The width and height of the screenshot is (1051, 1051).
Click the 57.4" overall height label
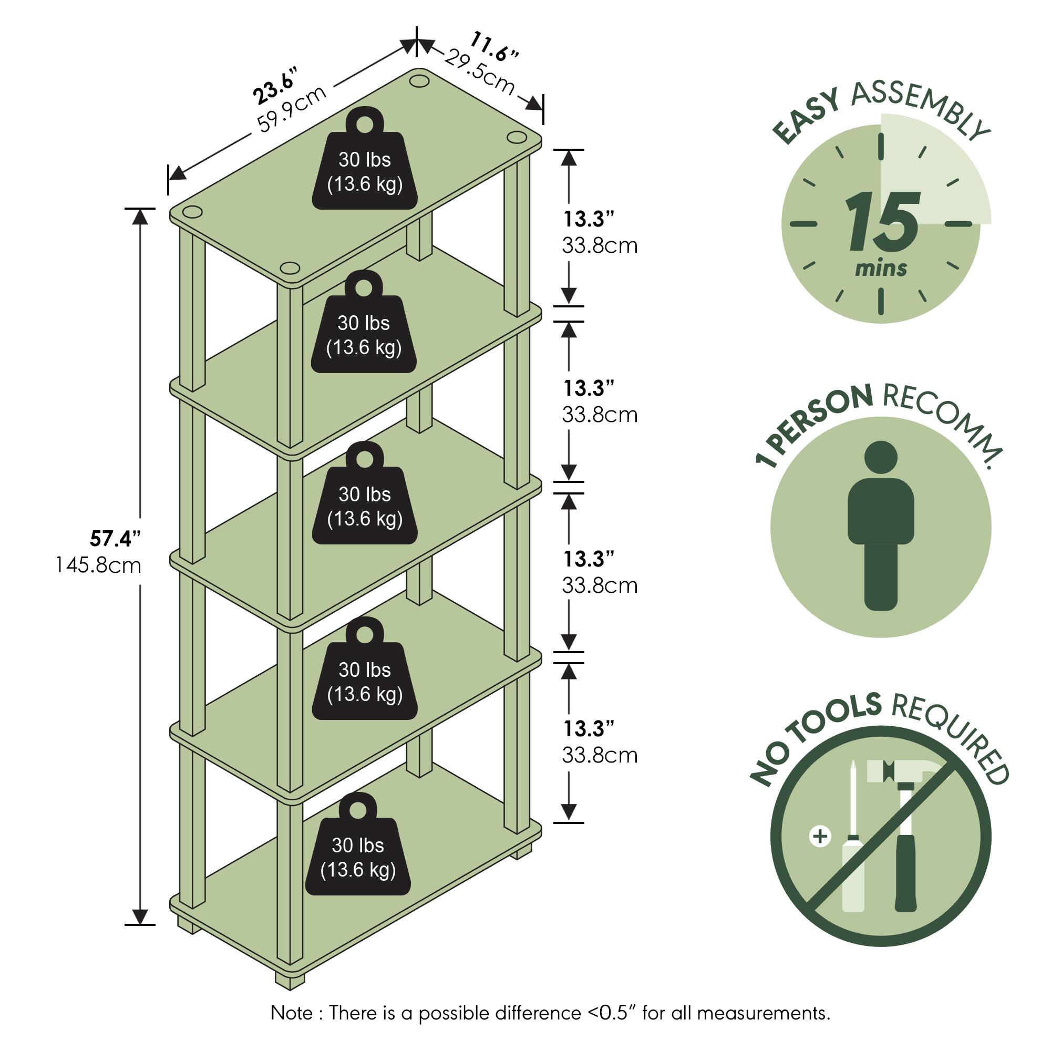(115, 539)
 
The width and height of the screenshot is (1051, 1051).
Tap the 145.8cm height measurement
(98, 565)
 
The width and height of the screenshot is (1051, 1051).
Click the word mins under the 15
(881, 268)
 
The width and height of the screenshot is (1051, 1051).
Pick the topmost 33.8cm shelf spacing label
(600, 246)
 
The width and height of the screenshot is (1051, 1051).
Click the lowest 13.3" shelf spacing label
(589, 728)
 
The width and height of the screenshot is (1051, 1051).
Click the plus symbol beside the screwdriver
(820, 835)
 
